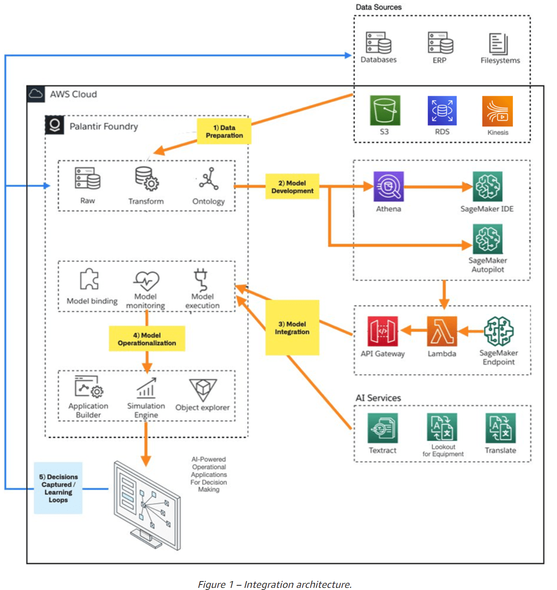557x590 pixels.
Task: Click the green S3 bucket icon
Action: coord(385,111)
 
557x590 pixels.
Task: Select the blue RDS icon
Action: coord(442,111)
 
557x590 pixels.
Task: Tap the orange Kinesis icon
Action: coord(497,111)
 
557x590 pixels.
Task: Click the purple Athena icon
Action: coord(388,186)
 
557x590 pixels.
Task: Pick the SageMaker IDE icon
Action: coord(488,186)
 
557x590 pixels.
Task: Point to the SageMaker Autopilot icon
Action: coord(488,239)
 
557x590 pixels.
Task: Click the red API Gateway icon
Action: coord(383,331)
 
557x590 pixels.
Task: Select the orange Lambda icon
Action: coord(442,331)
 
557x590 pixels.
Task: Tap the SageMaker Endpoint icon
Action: coord(499,331)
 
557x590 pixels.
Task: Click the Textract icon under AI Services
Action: coord(383,428)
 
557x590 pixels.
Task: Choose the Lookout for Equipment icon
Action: coord(442,427)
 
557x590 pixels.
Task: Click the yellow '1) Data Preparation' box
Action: coord(224,132)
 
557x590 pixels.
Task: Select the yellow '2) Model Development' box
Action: coord(292,186)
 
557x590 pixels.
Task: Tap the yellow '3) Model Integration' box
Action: coord(292,328)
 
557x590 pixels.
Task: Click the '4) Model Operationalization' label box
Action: coord(147,339)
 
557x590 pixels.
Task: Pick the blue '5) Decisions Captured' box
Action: coord(58,488)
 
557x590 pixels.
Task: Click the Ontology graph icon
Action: coord(209,179)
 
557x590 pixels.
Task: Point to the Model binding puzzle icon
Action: coord(89,279)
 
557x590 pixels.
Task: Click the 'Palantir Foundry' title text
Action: coord(104,126)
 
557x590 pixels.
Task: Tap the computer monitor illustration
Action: coord(147,504)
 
